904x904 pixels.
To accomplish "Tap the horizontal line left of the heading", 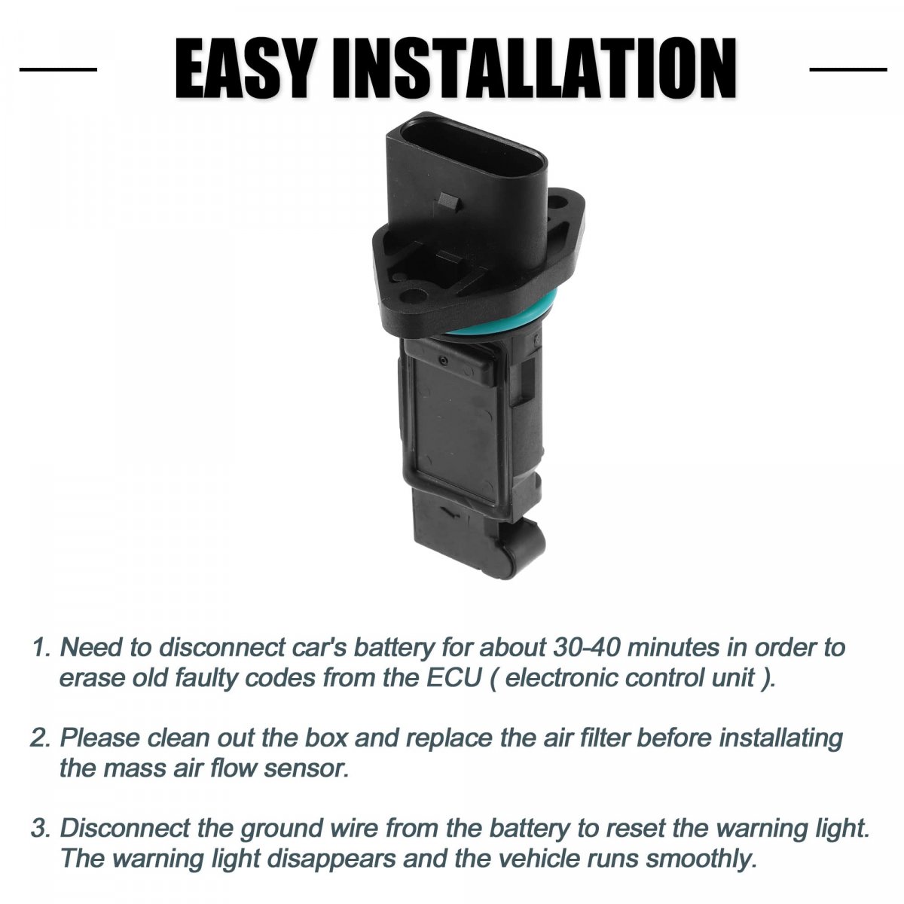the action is click(x=58, y=69).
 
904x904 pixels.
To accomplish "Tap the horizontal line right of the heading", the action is click(x=848, y=69).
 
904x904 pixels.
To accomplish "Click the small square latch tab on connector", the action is click(x=448, y=203).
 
